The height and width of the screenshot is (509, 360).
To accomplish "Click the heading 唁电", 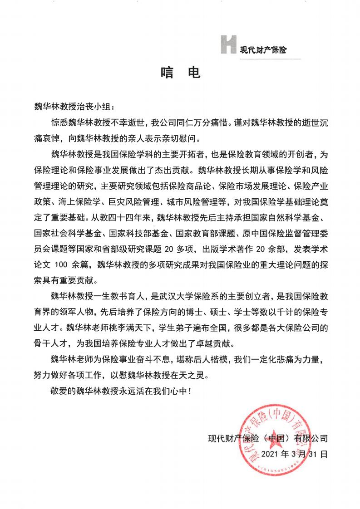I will [180, 73].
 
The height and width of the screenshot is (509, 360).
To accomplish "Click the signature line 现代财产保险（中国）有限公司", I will [268, 439].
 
